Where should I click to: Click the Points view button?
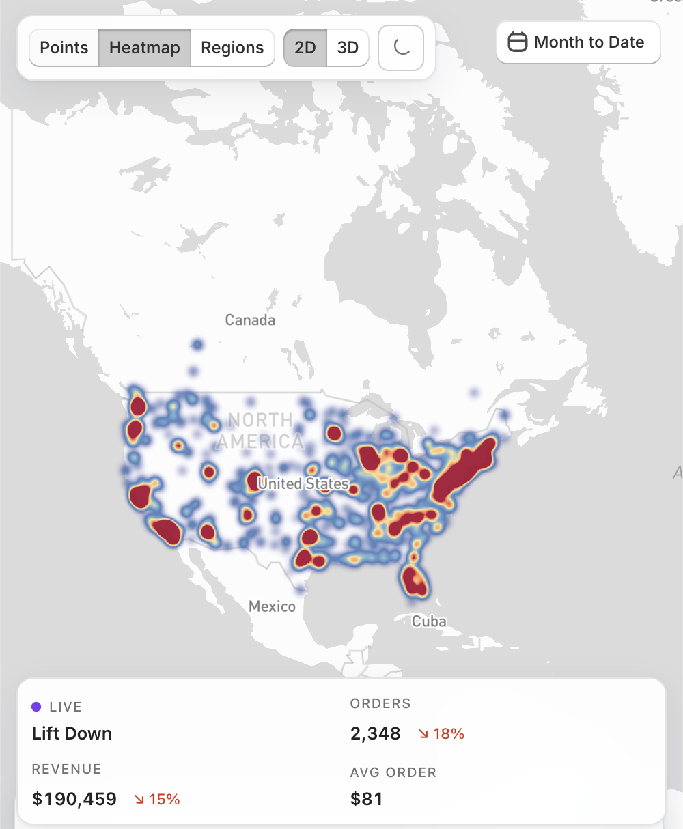click(64, 48)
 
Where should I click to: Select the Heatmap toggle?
click(145, 48)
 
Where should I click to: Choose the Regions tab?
click(232, 48)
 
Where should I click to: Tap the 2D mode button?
click(305, 48)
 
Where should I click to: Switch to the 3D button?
click(348, 48)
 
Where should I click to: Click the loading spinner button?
click(401, 48)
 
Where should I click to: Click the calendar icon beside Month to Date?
click(518, 42)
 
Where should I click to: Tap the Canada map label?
click(250, 320)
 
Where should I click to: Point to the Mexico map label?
click(272, 606)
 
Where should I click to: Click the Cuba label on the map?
click(429, 621)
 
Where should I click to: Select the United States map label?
click(303, 483)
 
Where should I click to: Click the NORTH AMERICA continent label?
click(260, 430)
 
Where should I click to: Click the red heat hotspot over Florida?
click(414, 580)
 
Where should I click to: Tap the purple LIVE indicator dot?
click(36, 707)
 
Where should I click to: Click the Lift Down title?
click(72, 733)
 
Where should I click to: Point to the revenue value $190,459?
click(74, 799)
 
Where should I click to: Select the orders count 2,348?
click(375, 733)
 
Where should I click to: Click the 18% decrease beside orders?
click(442, 734)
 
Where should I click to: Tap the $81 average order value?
click(367, 799)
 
